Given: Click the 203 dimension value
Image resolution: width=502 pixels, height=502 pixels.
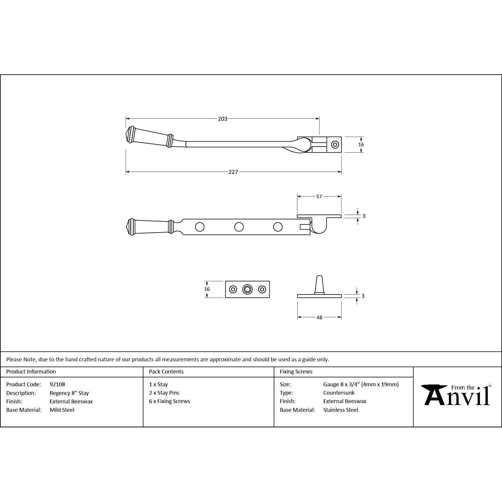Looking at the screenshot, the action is point(223,119).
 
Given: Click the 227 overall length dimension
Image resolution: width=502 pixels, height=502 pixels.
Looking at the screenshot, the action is point(233,172).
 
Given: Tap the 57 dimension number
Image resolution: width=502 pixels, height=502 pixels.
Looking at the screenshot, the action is point(319,196).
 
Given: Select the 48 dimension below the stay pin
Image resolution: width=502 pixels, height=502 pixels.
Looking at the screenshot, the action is point(319,317).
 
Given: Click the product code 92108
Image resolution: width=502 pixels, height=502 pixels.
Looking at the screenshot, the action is point(57,384).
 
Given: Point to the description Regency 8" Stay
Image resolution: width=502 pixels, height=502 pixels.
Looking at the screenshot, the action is point(69,393).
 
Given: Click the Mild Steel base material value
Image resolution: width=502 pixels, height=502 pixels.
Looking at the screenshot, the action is point(62,410).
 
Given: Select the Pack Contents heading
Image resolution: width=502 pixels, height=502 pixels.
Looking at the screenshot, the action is point(166,371).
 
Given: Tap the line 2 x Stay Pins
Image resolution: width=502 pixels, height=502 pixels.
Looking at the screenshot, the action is point(164,393).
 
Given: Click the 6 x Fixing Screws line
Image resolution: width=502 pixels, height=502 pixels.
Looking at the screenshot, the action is point(169,401).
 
